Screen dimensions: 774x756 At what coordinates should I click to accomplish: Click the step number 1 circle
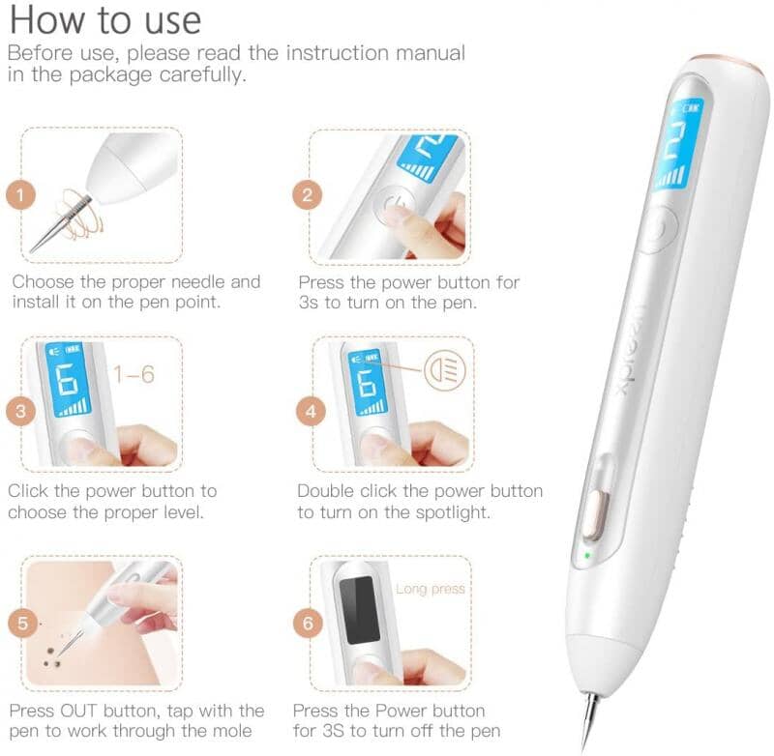click(x=20, y=194)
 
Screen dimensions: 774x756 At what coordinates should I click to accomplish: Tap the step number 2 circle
click(x=307, y=195)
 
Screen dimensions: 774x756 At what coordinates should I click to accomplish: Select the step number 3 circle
click(x=20, y=411)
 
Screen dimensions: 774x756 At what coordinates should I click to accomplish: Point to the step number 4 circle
click(x=311, y=411)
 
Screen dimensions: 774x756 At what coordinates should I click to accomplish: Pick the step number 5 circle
click(x=22, y=623)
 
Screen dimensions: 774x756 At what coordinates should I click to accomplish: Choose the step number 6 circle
click(x=308, y=623)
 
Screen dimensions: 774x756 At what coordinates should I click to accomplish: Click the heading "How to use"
click(x=105, y=19)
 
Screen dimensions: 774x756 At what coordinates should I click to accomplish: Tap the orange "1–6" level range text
click(x=134, y=374)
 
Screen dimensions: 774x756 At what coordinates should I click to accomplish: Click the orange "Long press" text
click(x=431, y=589)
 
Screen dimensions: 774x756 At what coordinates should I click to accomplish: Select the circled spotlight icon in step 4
click(x=445, y=370)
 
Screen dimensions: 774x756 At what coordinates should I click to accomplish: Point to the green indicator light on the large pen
click(x=587, y=555)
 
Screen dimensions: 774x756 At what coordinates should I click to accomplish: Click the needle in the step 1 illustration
click(x=61, y=223)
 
